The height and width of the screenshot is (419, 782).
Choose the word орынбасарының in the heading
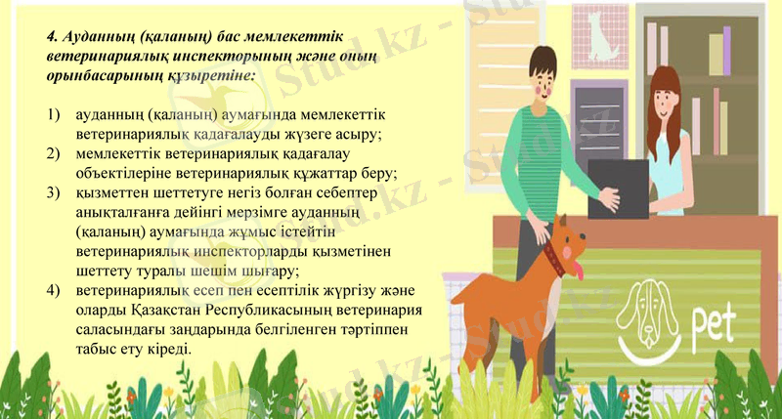pyautogui.click(x=97, y=73)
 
